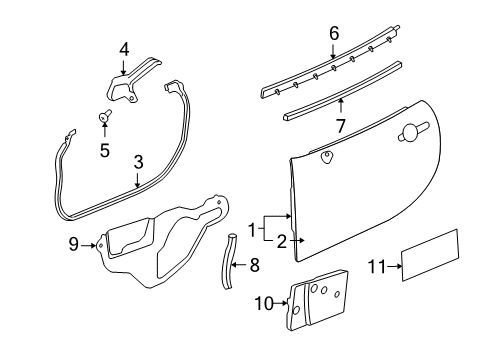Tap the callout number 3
pyautogui.click(x=139, y=159)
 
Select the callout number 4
pyautogui.click(x=124, y=48)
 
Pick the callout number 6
pyautogui.click(x=333, y=34)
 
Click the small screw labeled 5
pyautogui.click(x=103, y=118)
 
